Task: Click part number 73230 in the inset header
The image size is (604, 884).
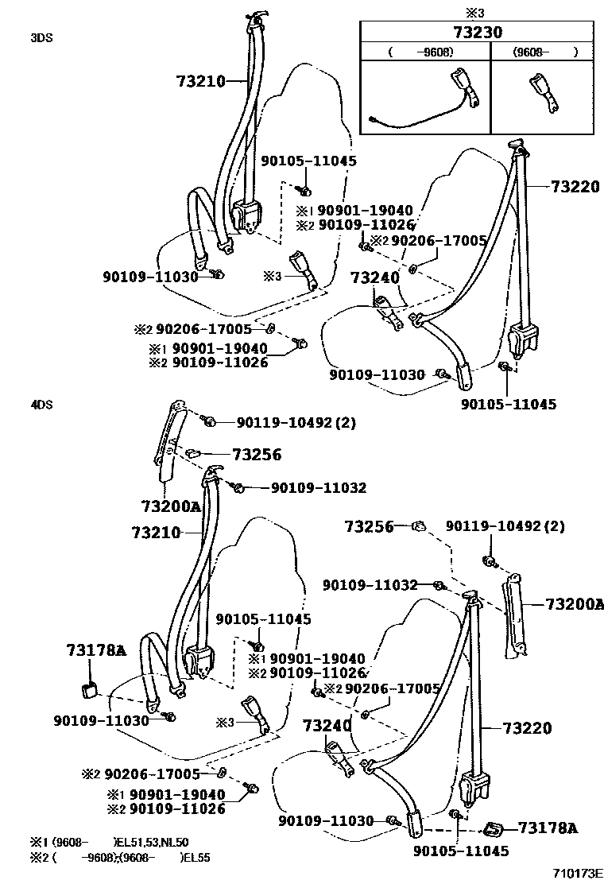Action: (478, 33)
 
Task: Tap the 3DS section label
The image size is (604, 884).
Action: (41, 37)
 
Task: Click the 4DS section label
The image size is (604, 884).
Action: (41, 404)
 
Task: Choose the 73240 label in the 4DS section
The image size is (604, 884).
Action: (326, 725)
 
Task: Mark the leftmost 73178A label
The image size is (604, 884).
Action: (95, 651)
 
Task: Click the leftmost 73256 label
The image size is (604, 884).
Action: (257, 455)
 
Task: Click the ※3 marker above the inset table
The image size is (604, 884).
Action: (474, 13)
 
